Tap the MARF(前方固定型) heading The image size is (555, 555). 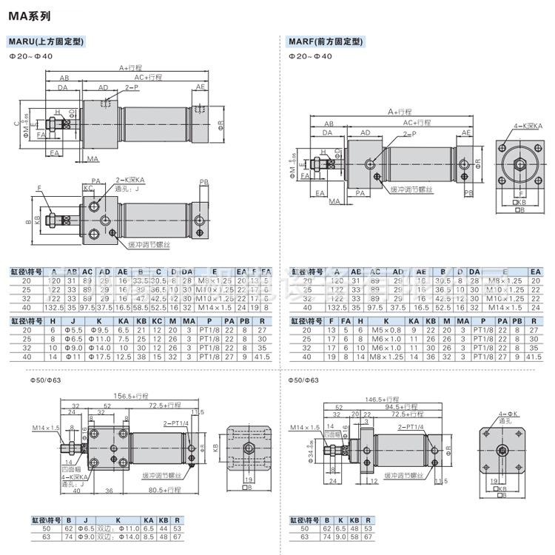click(326, 41)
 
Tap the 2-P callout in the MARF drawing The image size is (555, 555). click(410, 134)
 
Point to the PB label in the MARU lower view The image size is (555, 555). click(204, 181)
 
